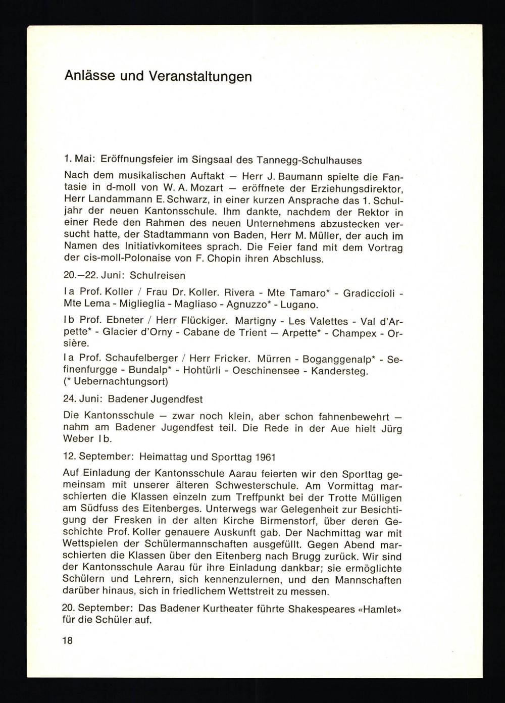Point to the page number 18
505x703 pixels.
[x=68, y=641]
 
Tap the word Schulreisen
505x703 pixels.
[x=158, y=276]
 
